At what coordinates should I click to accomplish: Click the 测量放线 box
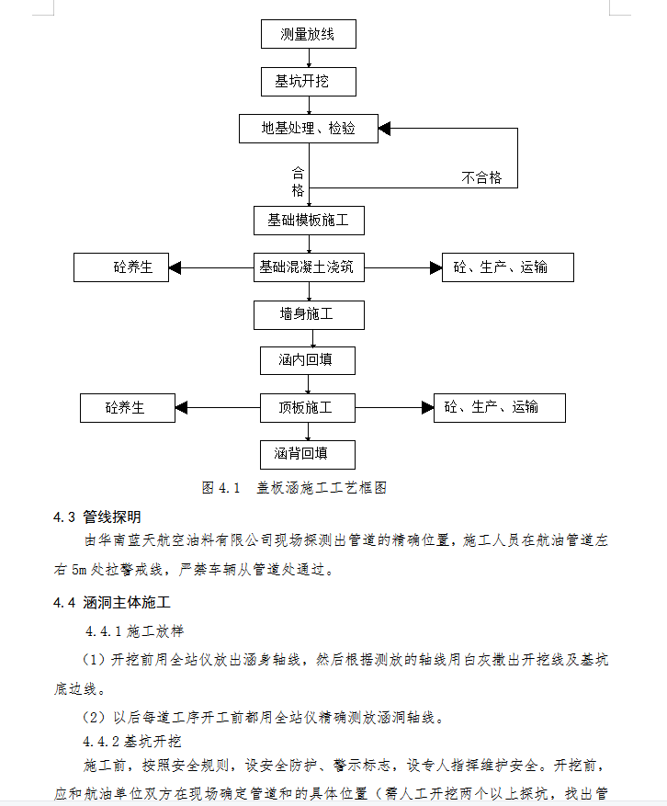tap(309, 34)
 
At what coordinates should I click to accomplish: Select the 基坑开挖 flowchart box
tap(309, 82)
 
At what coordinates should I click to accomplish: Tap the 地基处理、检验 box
tap(309, 129)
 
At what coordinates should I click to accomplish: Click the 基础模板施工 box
tap(309, 221)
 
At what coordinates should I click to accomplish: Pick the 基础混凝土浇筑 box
tap(309, 267)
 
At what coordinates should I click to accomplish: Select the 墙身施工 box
tap(309, 315)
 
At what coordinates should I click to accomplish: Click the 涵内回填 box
tap(307, 360)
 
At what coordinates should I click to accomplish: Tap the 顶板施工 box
tap(307, 408)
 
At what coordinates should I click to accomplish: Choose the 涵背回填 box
tap(307, 454)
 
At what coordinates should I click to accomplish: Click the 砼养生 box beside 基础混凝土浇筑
tap(121, 267)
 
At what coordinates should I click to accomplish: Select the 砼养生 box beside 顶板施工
tap(128, 408)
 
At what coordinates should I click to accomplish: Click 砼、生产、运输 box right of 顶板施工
tap(500, 408)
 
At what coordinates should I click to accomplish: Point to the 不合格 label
tap(481, 178)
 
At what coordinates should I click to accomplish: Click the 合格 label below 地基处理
tap(298, 181)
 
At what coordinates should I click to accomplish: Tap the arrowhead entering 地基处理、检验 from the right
tap(384, 129)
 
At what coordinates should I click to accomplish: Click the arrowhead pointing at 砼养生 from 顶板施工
tap(181, 408)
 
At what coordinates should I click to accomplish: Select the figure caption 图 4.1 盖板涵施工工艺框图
tap(294, 487)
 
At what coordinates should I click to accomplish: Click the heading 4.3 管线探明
tap(97, 517)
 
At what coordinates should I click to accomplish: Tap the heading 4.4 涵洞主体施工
tap(111, 602)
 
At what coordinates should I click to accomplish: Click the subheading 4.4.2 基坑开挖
tap(132, 742)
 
